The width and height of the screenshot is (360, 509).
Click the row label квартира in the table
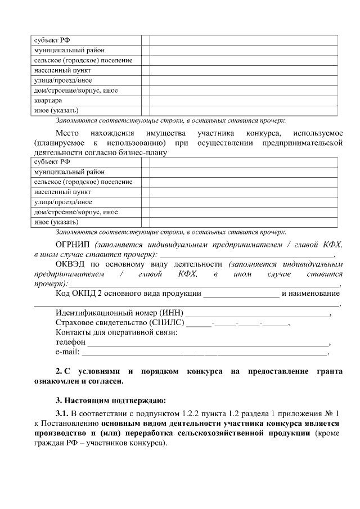click(x=44, y=100)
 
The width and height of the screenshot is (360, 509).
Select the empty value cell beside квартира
click(x=243, y=100)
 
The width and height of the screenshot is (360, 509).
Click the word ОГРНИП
click(x=73, y=245)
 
